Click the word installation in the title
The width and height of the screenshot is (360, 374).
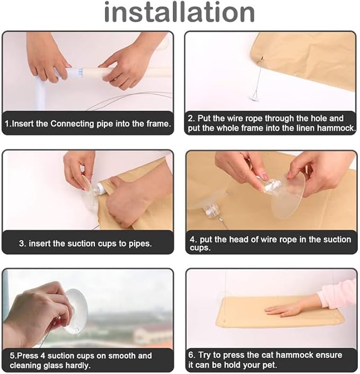pyautogui.click(x=180, y=12)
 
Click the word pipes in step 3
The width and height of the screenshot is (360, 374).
pyautogui.click(x=139, y=244)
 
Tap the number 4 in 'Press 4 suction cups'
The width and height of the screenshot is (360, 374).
pyautogui.click(x=43, y=355)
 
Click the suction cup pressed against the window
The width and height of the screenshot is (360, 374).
pyautogui.click(x=75, y=311)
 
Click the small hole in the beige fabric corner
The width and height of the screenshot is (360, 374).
pyautogui.click(x=261, y=58)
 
